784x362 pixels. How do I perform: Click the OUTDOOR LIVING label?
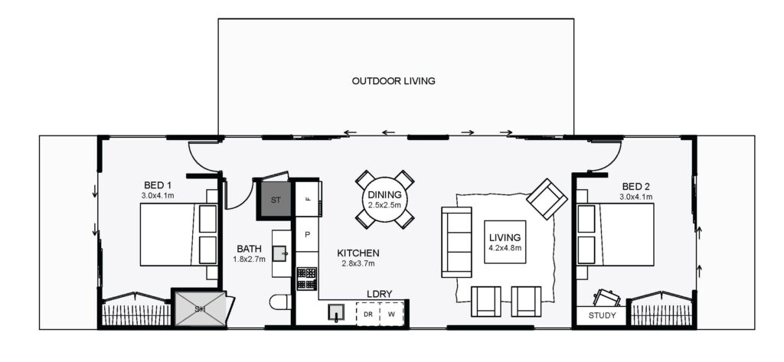click(x=394, y=81)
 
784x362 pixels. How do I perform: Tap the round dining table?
click(x=384, y=199)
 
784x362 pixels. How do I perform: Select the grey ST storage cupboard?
click(x=276, y=200)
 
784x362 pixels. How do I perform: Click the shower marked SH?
click(x=200, y=308)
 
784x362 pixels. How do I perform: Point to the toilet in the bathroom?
click(x=280, y=302)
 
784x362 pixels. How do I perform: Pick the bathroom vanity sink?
click(x=280, y=253)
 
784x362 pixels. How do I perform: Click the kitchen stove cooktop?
click(x=306, y=279)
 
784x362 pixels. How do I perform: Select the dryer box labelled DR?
click(x=368, y=314)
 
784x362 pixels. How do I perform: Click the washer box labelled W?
click(x=392, y=314)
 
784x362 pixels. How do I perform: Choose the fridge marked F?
click(x=308, y=198)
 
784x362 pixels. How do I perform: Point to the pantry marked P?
click(x=307, y=234)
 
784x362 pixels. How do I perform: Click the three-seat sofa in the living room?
click(x=456, y=242)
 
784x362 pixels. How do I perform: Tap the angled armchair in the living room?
click(x=547, y=199)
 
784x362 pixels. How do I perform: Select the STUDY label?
click(x=602, y=315)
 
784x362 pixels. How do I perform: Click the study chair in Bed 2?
click(x=606, y=298)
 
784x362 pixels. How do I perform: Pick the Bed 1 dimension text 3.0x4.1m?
click(x=158, y=196)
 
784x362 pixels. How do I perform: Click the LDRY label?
click(x=380, y=294)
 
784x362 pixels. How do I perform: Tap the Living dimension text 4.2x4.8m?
click(x=505, y=248)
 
